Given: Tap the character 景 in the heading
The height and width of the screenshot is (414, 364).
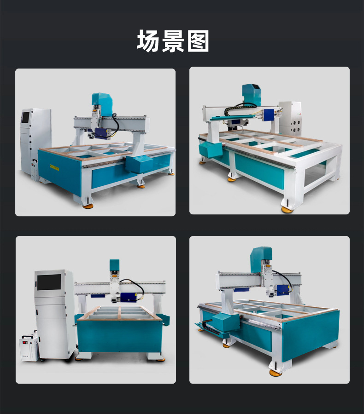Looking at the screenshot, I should coord(172,41).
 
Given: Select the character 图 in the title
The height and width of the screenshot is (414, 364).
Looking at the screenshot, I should coord(198,41).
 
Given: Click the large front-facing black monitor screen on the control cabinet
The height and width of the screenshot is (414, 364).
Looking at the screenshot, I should coord(49,282).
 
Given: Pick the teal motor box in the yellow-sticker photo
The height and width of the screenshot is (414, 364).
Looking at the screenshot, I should coord(139,163).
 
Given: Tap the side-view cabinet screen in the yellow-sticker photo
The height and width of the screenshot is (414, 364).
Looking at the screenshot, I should coord(25,116).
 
